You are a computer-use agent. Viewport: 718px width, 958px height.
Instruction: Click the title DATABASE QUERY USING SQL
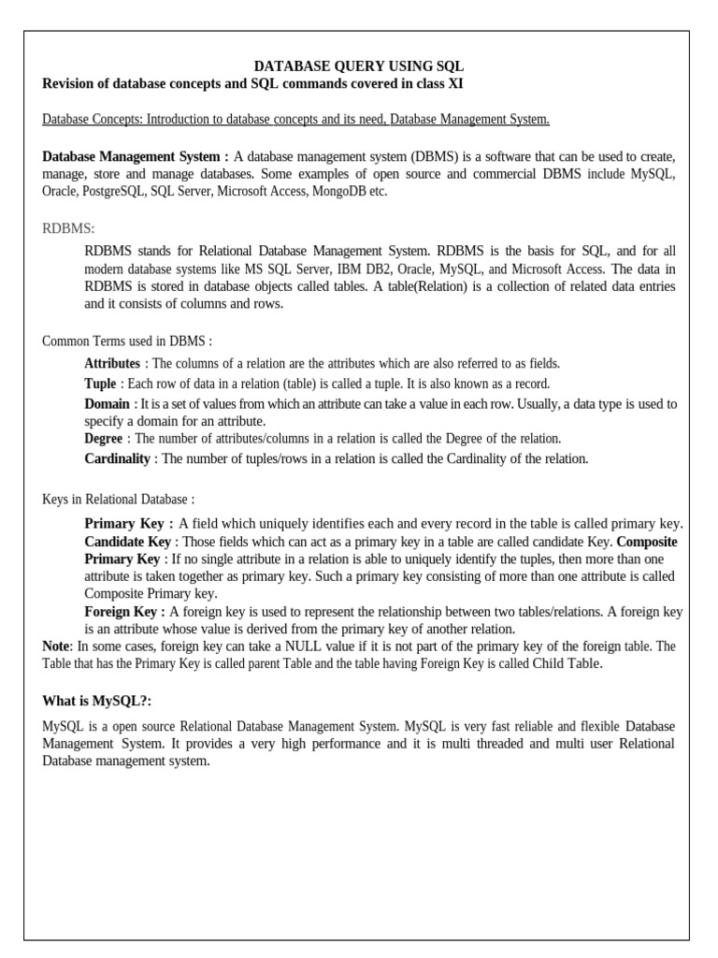pos(359,66)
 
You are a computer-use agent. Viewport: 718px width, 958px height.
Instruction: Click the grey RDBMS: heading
pos(69,228)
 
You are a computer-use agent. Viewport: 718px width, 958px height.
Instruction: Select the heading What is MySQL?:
pos(97,702)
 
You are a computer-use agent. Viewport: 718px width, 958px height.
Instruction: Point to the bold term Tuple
pos(100,384)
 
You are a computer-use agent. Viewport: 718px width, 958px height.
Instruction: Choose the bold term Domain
pos(107,404)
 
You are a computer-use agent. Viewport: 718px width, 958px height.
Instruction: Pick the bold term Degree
pos(103,438)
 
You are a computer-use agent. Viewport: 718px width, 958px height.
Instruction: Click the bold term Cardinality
pos(117,458)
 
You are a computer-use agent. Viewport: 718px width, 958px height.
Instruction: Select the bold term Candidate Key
pos(127,542)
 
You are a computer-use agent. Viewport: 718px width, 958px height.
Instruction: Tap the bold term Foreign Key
pos(123,612)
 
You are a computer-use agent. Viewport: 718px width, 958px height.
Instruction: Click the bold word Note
pos(56,646)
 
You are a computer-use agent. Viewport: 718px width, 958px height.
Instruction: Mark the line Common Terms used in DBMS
pos(127,341)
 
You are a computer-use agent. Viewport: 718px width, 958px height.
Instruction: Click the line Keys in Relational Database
pos(119,501)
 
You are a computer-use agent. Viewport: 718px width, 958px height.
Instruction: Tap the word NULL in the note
pos(302,646)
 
